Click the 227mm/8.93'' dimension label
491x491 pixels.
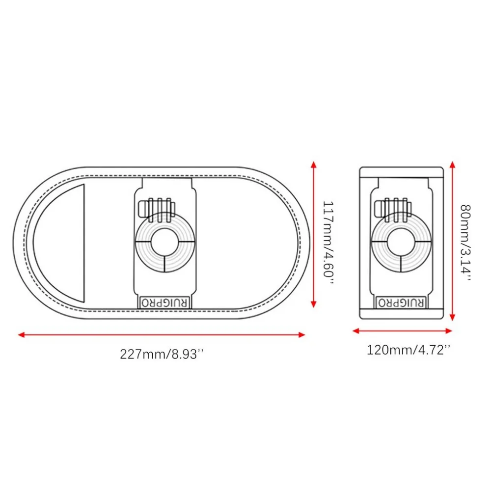[162, 354]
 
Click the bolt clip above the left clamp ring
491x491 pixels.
[156, 207]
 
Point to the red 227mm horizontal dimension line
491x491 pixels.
[162, 335]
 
